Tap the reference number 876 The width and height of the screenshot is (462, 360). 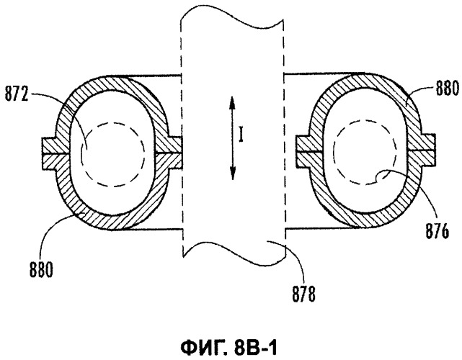coord(437,231)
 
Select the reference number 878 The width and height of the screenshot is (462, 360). coord(303,294)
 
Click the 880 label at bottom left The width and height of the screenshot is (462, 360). coord(41,269)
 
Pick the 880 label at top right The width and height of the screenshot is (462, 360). coord(448,88)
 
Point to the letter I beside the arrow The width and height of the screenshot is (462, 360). coord(241,136)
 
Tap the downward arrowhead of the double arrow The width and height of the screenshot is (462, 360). coord(232,173)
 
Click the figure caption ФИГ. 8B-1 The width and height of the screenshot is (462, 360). coord(229,348)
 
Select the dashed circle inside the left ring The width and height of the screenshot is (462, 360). coord(112,122)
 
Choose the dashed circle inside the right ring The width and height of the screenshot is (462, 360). coord(366,120)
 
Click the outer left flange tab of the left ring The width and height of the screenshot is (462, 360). coord(49,153)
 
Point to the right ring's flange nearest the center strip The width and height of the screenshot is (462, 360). coord(303,151)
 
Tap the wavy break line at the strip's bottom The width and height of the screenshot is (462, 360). coord(234,253)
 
